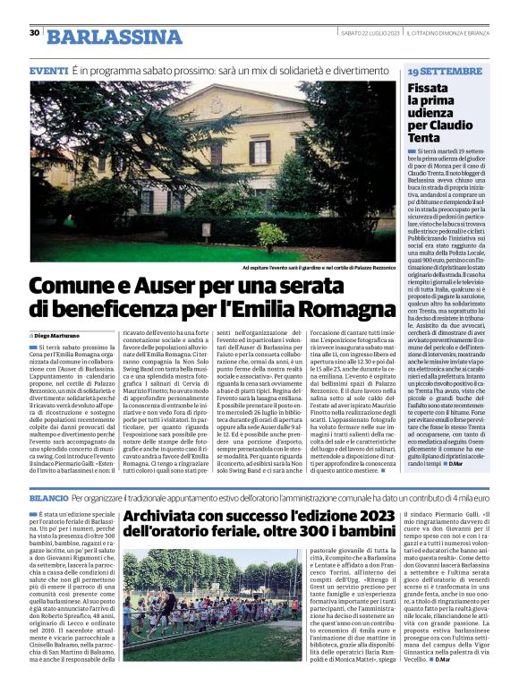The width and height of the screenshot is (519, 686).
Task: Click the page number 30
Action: tap(35, 32)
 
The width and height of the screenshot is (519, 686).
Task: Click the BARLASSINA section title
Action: tap(114, 37)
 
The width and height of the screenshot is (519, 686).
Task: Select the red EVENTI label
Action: tap(47, 70)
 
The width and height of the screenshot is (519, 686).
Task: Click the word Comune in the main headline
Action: tap(74, 287)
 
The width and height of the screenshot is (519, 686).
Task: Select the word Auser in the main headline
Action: tap(167, 287)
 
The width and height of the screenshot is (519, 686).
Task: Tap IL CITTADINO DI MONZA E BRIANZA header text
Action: tap(447, 34)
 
